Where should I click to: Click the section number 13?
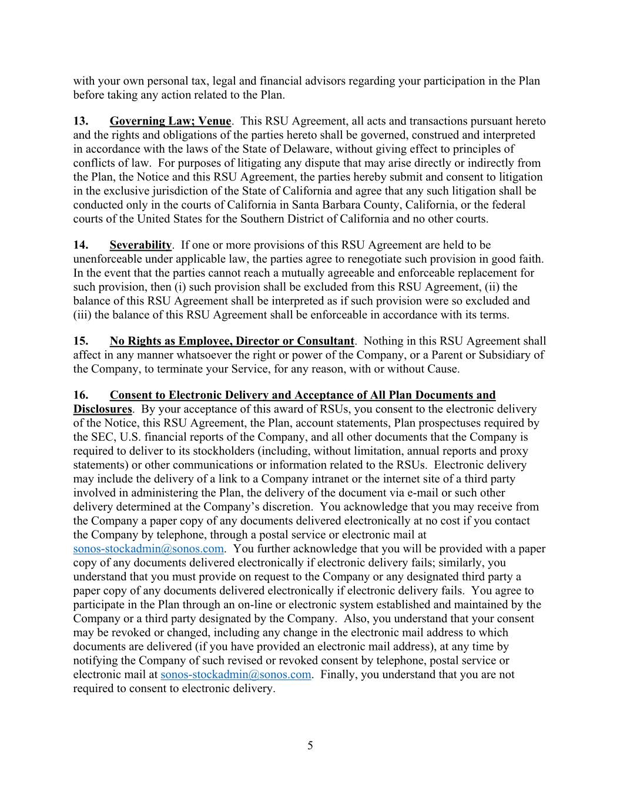click(81, 121)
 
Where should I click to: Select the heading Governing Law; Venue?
click(170, 121)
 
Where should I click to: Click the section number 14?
click(81, 245)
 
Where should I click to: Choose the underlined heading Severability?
click(140, 245)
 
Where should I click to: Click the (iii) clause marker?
click(82, 315)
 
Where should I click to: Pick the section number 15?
click(81, 341)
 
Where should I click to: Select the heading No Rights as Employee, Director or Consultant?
click(232, 341)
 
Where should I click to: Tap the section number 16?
click(81, 395)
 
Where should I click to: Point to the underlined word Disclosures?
click(102, 410)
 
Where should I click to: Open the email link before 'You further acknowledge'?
click(148, 549)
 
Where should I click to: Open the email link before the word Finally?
click(235, 675)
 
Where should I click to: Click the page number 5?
click(310, 746)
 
